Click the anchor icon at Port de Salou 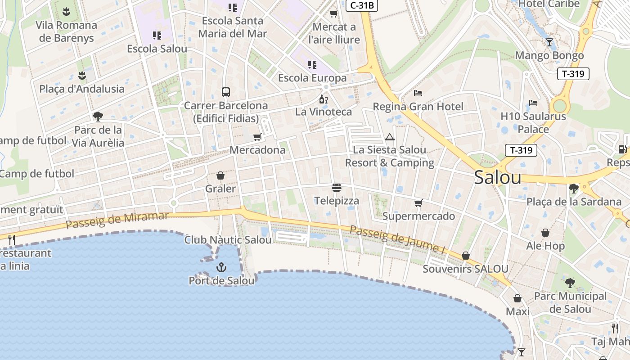point(221,268)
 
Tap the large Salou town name point(498,178)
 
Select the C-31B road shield point(361,5)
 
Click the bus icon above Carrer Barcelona point(226,92)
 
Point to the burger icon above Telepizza point(337,187)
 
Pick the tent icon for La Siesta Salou point(390,137)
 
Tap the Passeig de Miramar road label point(117,219)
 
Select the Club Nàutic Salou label point(228,240)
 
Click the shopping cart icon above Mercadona point(257,137)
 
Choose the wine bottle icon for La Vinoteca point(323,99)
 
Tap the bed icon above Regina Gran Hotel point(418,94)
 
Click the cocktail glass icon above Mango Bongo point(549,42)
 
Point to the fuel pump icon point(622,149)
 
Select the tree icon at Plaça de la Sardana point(573,188)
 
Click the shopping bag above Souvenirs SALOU point(466,256)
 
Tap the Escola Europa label point(312,78)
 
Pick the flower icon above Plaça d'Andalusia point(82,75)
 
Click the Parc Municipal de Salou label point(570,302)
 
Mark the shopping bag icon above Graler point(220,175)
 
